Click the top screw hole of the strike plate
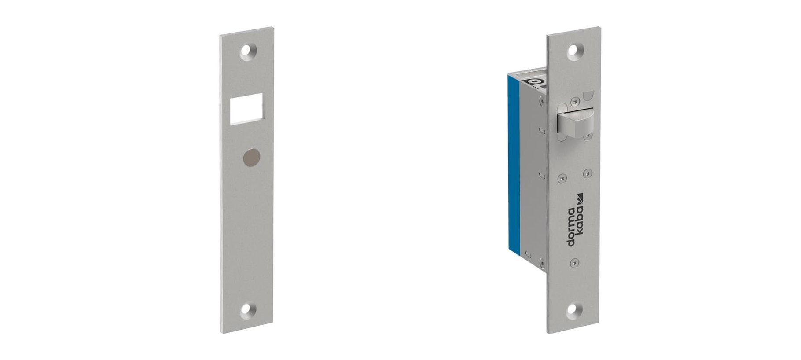click(x=247, y=52)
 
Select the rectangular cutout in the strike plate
click(x=246, y=108)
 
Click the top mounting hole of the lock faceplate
click(x=574, y=52)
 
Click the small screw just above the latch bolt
click(x=573, y=102)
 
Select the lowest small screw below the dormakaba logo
click(x=573, y=263)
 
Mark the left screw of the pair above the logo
click(x=561, y=179)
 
